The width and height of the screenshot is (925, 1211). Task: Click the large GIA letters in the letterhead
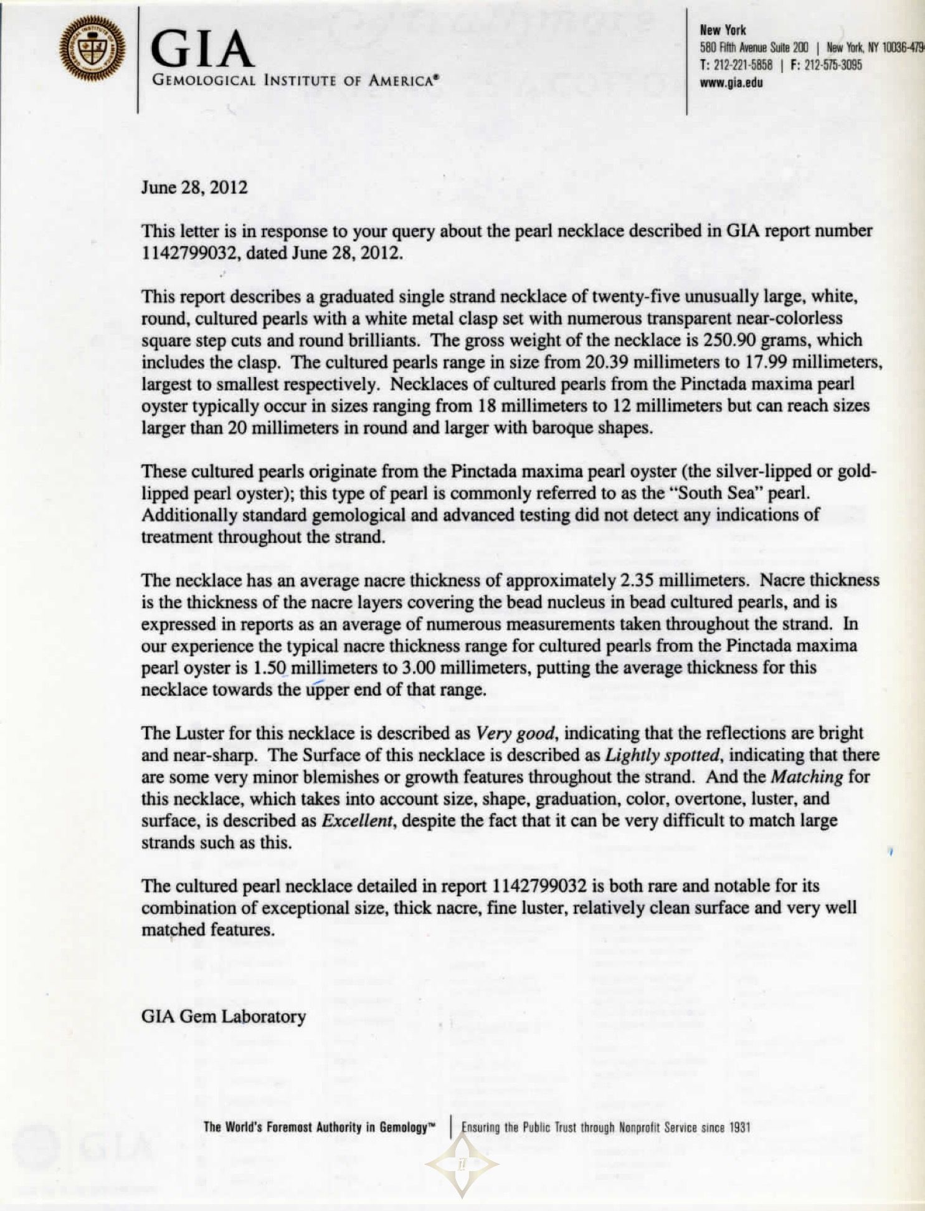[x=202, y=49]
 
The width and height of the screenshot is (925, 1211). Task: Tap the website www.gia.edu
[x=731, y=82]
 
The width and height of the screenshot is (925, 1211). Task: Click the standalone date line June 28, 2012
[x=194, y=188]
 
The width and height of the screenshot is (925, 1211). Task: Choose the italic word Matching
[x=807, y=777]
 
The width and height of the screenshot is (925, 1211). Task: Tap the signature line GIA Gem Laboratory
[x=224, y=1017]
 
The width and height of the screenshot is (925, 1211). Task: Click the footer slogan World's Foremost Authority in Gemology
[x=318, y=1127]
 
